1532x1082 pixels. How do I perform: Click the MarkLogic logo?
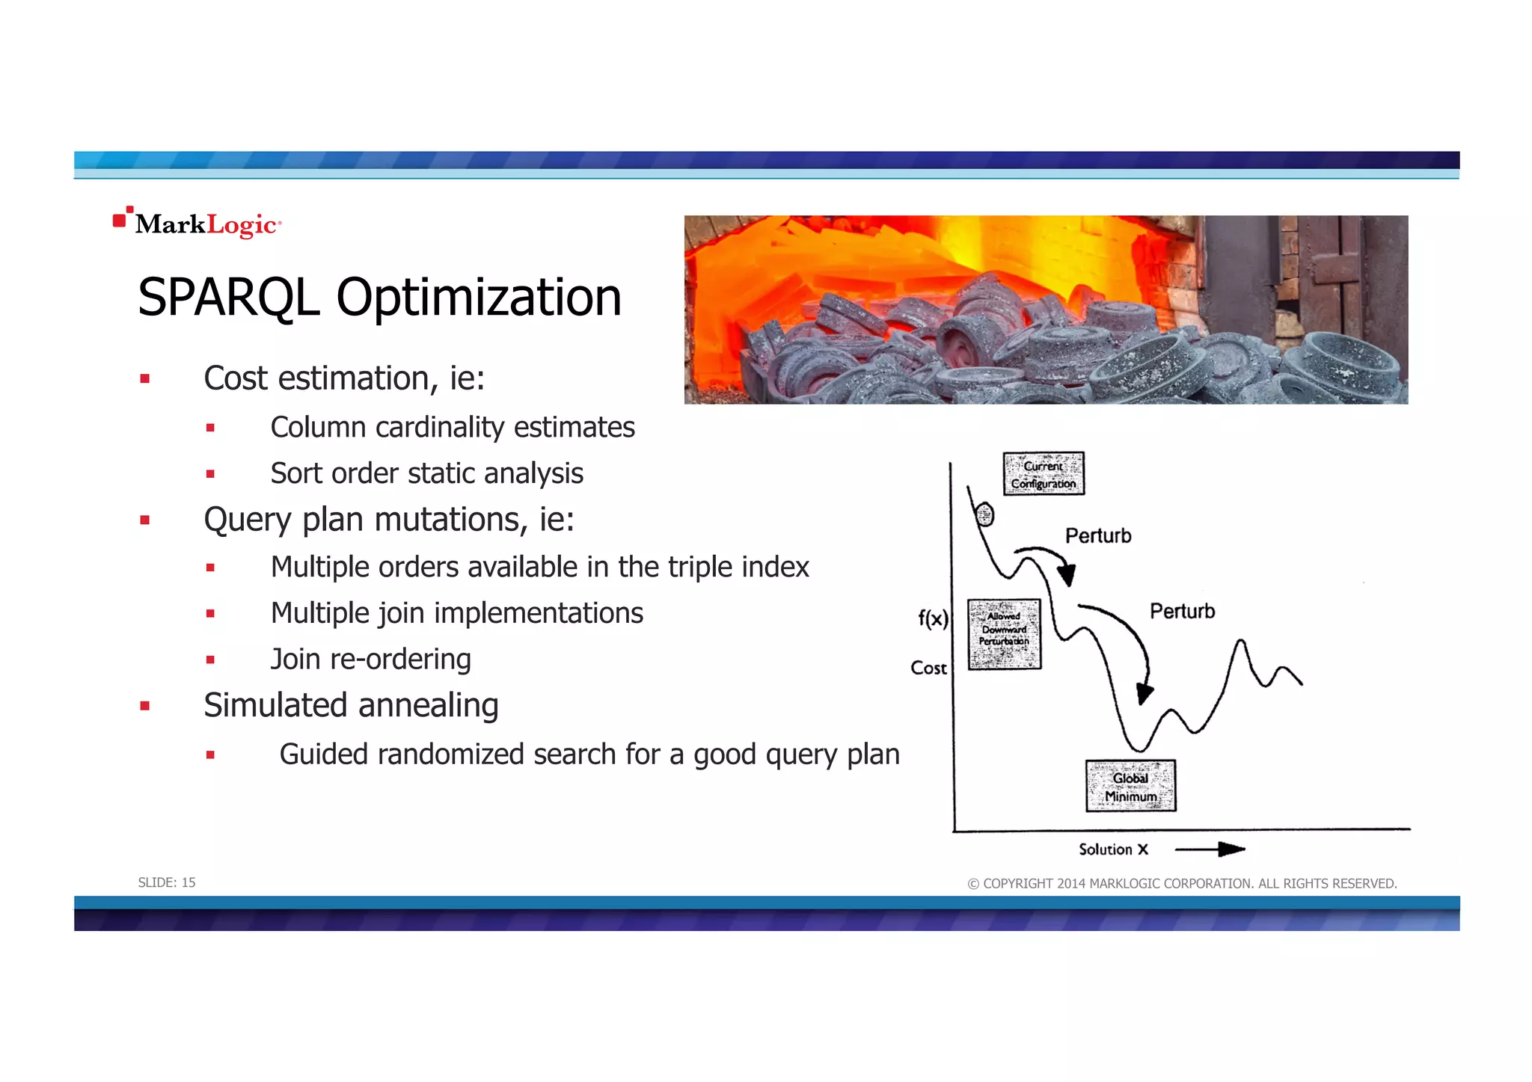click(x=197, y=224)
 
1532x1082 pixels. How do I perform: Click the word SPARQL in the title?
click(x=228, y=298)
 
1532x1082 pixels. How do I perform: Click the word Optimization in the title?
click(x=479, y=298)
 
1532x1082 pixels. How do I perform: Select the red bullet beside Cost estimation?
click(x=145, y=379)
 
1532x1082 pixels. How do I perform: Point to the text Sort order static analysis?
click(x=426, y=473)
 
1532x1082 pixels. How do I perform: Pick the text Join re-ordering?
click(x=370, y=660)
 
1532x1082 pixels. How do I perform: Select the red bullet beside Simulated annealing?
click(x=145, y=706)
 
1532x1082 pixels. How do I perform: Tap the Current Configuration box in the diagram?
click(x=1044, y=474)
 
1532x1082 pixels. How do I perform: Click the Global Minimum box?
click(x=1130, y=786)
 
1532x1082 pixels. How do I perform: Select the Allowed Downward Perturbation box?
click(x=1004, y=634)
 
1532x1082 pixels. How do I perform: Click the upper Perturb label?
click(x=1098, y=536)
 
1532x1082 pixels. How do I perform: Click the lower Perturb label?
click(x=1182, y=612)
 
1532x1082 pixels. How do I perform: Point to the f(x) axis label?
click(x=933, y=618)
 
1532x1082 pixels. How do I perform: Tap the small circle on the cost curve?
click(x=985, y=514)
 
